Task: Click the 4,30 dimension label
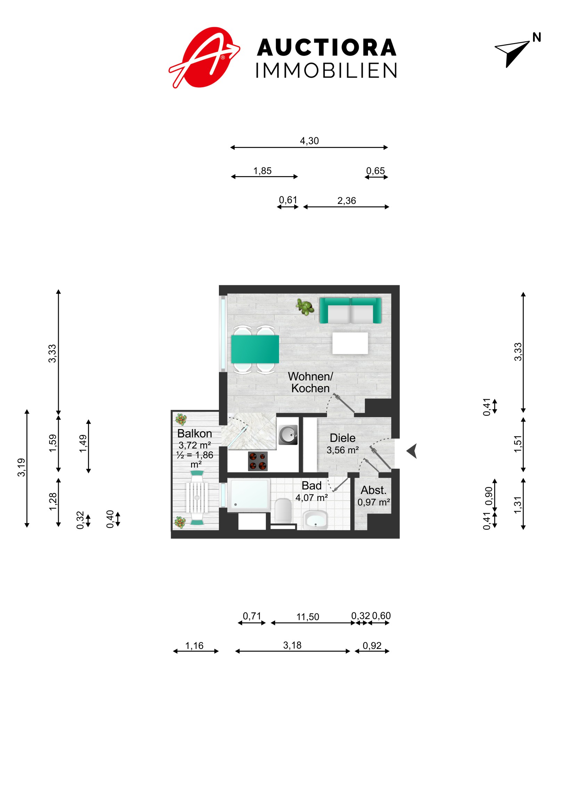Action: [309, 141]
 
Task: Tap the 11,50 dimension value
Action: [308, 617]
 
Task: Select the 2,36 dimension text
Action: [346, 201]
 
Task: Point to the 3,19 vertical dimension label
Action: [22, 467]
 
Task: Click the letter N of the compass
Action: [537, 38]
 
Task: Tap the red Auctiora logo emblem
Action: [204, 57]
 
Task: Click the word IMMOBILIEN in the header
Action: [327, 71]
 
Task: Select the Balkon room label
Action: [195, 434]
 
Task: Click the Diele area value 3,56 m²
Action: [343, 450]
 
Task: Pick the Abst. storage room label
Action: [374, 490]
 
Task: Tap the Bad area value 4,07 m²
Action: [312, 498]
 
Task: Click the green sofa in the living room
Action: [351, 311]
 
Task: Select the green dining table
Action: [255, 349]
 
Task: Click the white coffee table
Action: [350, 343]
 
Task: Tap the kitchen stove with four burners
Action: [258, 461]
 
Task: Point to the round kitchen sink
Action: [288, 435]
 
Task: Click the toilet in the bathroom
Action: [283, 511]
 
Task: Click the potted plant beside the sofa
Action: [305, 307]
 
